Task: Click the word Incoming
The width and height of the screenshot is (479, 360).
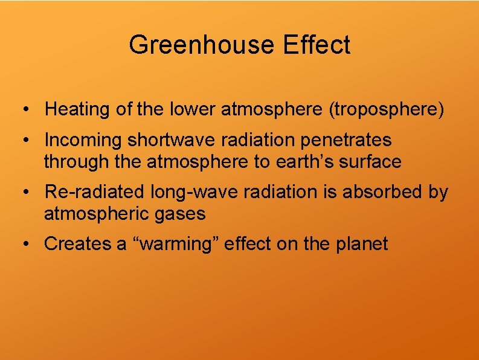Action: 83,140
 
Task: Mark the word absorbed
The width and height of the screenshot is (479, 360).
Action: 381,192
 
